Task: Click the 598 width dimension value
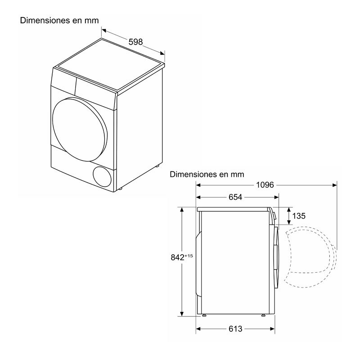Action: [x=135, y=42]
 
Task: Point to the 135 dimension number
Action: [x=299, y=216]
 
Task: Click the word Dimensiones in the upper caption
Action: [x=40, y=20]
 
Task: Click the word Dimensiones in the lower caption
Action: [x=191, y=174]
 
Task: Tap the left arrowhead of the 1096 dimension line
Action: [x=198, y=184]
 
